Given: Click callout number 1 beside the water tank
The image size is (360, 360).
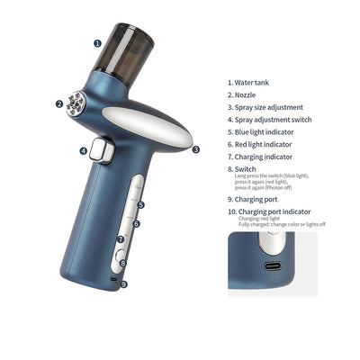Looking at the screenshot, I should [x=97, y=41].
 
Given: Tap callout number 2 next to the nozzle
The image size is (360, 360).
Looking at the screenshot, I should [x=59, y=103].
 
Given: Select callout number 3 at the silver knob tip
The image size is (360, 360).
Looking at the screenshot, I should [x=195, y=150].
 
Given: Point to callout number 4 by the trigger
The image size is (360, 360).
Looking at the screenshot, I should [x=83, y=151].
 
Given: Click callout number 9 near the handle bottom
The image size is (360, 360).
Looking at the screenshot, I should [x=123, y=284].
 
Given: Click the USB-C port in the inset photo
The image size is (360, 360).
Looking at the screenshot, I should [x=272, y=268].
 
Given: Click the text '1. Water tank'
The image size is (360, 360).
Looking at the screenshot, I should [x=251, y=81].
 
